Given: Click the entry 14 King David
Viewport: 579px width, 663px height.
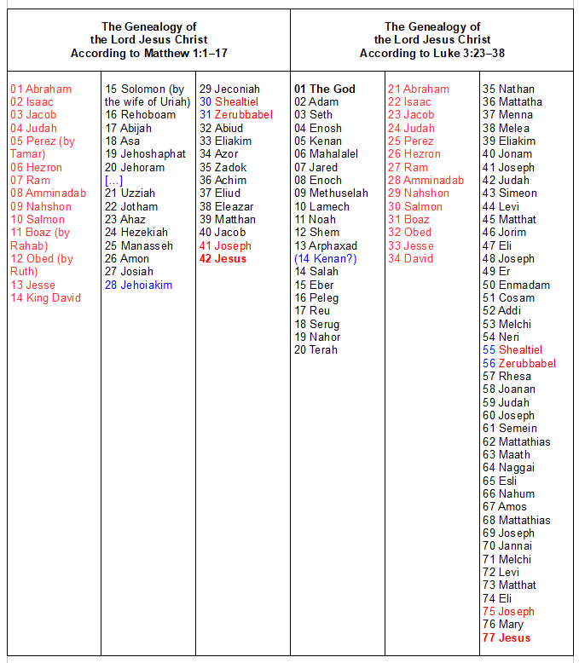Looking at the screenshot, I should (46, 297).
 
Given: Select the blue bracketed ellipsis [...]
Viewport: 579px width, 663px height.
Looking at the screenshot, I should (114, 180).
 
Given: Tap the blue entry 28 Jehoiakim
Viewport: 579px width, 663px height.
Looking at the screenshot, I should (139, 285).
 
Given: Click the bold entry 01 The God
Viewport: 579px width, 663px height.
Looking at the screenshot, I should (325, 89).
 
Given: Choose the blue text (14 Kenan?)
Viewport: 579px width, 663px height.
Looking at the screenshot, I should (326, 258).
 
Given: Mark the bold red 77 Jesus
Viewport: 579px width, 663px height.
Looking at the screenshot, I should (507, 637).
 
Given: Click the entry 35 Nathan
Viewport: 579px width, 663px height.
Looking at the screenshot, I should (509, 89).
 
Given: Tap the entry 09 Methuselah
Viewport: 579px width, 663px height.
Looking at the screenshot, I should (332, 193).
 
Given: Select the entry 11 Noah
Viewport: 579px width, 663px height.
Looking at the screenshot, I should (316, 219).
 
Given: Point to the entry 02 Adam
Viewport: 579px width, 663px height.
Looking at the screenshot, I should (316, 101).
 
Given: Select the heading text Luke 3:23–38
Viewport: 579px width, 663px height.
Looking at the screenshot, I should (464, 53).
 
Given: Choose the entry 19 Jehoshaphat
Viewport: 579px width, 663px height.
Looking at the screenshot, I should (146, 154).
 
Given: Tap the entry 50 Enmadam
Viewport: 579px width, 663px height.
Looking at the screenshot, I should (517, 285).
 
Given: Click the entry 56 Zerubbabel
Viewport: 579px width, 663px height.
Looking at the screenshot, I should (519, 363).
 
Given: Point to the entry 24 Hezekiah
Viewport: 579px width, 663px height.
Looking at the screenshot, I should (137, 232).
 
